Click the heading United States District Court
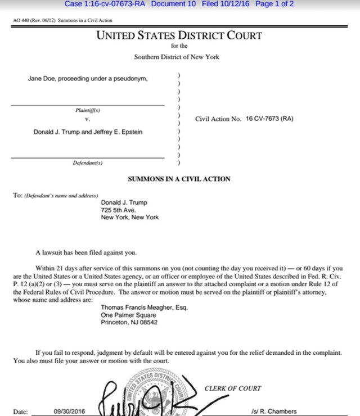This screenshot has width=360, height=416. coord(179,35)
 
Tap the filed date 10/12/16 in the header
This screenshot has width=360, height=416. coord(234,4)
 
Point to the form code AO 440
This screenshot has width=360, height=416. coord(21,20)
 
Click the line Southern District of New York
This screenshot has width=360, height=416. coord(177,57)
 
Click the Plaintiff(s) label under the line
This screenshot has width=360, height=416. coord(88,110)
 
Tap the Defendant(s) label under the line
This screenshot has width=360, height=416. coord(88,163)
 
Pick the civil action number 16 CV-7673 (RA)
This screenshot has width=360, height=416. coord(269,119)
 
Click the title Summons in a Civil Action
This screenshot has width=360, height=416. coord(179,179)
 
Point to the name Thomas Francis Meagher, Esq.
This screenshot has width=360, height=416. coord(144,308)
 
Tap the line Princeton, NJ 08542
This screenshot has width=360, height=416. coord(129,322)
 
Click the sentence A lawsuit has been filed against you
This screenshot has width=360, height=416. coord(85,252)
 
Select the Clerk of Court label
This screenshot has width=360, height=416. coord(232,388)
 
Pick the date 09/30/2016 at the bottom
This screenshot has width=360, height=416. coord(69,412)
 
